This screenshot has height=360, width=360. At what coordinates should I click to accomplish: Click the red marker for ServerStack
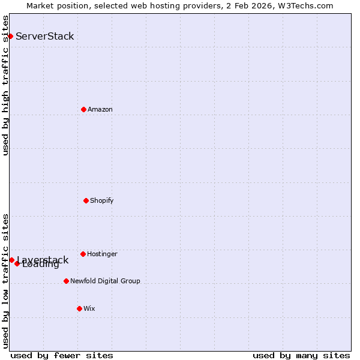[x=10, y=37]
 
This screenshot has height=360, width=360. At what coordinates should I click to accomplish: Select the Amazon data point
[x=83, y=109]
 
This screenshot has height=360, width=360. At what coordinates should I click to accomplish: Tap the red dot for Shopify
[x=86, y=200]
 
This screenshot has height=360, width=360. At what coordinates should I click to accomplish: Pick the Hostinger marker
[x=83, y=254]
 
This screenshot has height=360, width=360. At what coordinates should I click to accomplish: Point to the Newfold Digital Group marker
[x=66, y=281]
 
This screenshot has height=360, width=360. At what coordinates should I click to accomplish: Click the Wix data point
[x=79, y=308]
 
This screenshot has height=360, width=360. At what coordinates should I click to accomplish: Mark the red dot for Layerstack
[x=11, y=260]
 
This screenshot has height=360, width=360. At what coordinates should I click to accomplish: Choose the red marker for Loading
[x=17, y=264]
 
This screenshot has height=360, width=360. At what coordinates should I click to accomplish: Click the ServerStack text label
[x=45, y=37]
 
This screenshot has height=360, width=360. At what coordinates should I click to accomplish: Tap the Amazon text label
[x=100, y=109]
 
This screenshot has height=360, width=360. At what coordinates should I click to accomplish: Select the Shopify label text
[x=102, y=200]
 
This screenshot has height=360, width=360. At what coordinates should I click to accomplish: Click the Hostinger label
[x=102, y=254]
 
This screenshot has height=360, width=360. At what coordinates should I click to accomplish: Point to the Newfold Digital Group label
[x=105, y=281]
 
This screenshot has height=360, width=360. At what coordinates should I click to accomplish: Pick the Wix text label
[x=89, y=308]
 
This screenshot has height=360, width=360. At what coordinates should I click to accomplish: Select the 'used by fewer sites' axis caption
[x=62, y=355]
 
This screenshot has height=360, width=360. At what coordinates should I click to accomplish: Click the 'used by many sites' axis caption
[x=301, y=355]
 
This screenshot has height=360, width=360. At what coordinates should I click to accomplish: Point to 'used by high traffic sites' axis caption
[x=6, y=85]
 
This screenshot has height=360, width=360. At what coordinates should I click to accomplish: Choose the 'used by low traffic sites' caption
[x=6, y=281]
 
